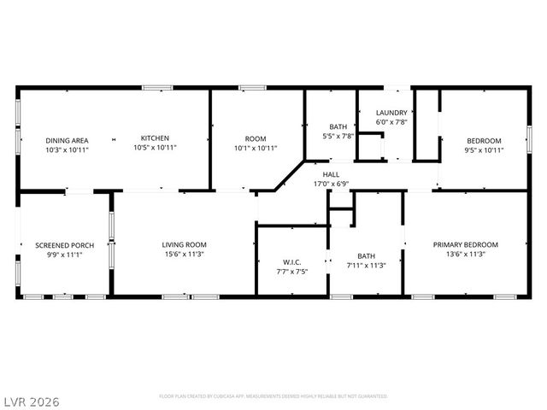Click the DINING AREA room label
pyautogui.click(x=68, y=140)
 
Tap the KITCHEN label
pyautogui.click(x=155, y=138)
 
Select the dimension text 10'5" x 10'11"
pyautogui.click(x=155, y=148)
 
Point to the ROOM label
pyautogui.click(x=256, y=138)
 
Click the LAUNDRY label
pyautogui.click(x=392, y=112)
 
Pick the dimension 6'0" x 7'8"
pyautogui.click(x=392, y=121)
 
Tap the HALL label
pyautogui.click(x=331, y=174)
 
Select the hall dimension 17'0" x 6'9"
pyautogui.click(x=331, y=184)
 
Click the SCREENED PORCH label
pyautogui.click(x=64, y=245)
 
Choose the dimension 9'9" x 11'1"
pyautogui.click(x=64, y=255)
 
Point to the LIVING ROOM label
pyautogui.click(x=185, y=245)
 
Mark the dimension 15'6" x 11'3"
pyautogui.click(x=185, y=255)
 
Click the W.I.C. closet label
pyautogui.click(x=293, y=262)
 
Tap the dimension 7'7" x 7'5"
pyautogui.click(x=293, y=272)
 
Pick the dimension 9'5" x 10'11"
pyautogui.click(x=484, y=150)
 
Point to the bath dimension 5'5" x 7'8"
pyautogui.click(x=338, y=136)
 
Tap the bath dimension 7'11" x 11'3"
pyautogui.click(x=366, y=265)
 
